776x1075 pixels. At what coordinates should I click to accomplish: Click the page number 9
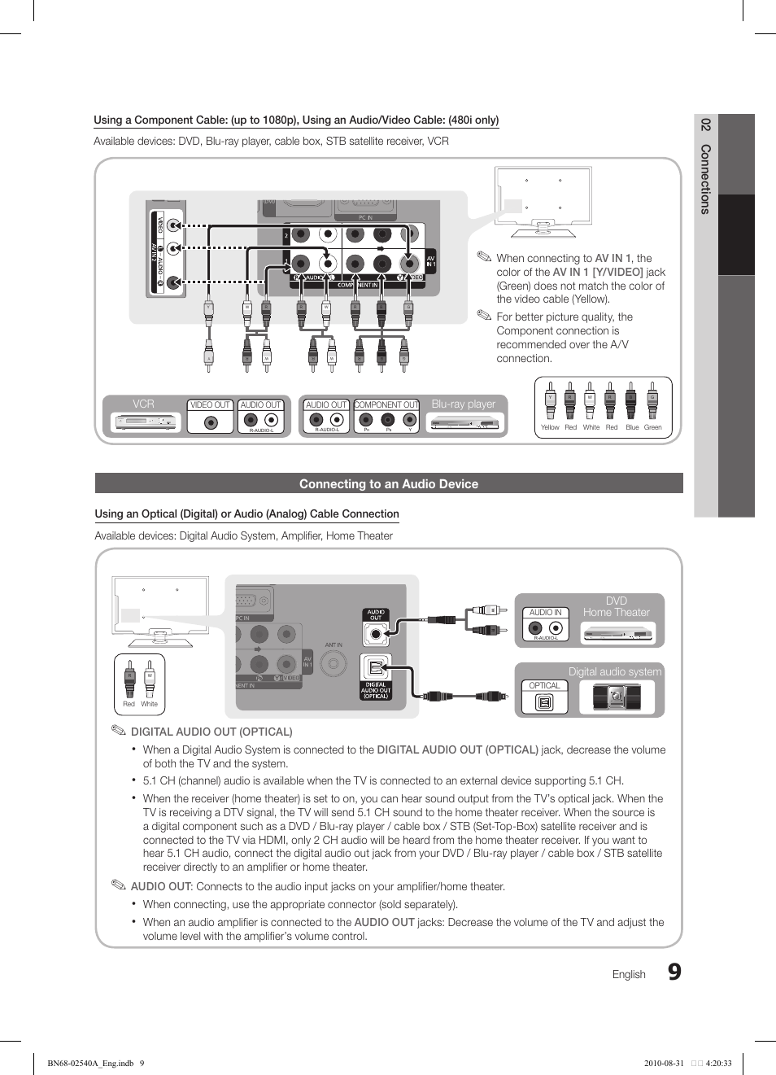674,972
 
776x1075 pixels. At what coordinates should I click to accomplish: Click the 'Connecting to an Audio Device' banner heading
389,484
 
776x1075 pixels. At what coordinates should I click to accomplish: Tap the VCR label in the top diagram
143,404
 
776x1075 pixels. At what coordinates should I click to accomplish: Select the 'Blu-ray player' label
463,404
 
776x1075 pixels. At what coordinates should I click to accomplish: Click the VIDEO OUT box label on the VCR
210,404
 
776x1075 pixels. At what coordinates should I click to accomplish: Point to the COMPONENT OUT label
386,404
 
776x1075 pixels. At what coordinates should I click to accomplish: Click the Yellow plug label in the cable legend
550,427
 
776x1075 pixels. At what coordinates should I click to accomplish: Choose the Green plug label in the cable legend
652,427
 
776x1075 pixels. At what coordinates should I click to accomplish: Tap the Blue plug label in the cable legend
632,427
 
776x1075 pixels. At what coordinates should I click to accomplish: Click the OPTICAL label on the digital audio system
544,685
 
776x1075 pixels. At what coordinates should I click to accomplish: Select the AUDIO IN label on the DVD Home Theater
545,612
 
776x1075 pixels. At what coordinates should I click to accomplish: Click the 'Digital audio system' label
614,671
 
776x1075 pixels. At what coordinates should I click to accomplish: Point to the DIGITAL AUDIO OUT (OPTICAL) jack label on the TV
376,690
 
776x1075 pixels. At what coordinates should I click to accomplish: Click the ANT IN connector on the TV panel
334,663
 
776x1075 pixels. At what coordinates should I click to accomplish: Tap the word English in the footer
629,974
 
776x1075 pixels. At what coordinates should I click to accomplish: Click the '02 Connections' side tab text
705,167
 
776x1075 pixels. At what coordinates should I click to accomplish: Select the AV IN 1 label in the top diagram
430,261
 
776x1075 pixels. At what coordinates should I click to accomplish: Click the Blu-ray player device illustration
463,422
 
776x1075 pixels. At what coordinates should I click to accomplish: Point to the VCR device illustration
146,422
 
